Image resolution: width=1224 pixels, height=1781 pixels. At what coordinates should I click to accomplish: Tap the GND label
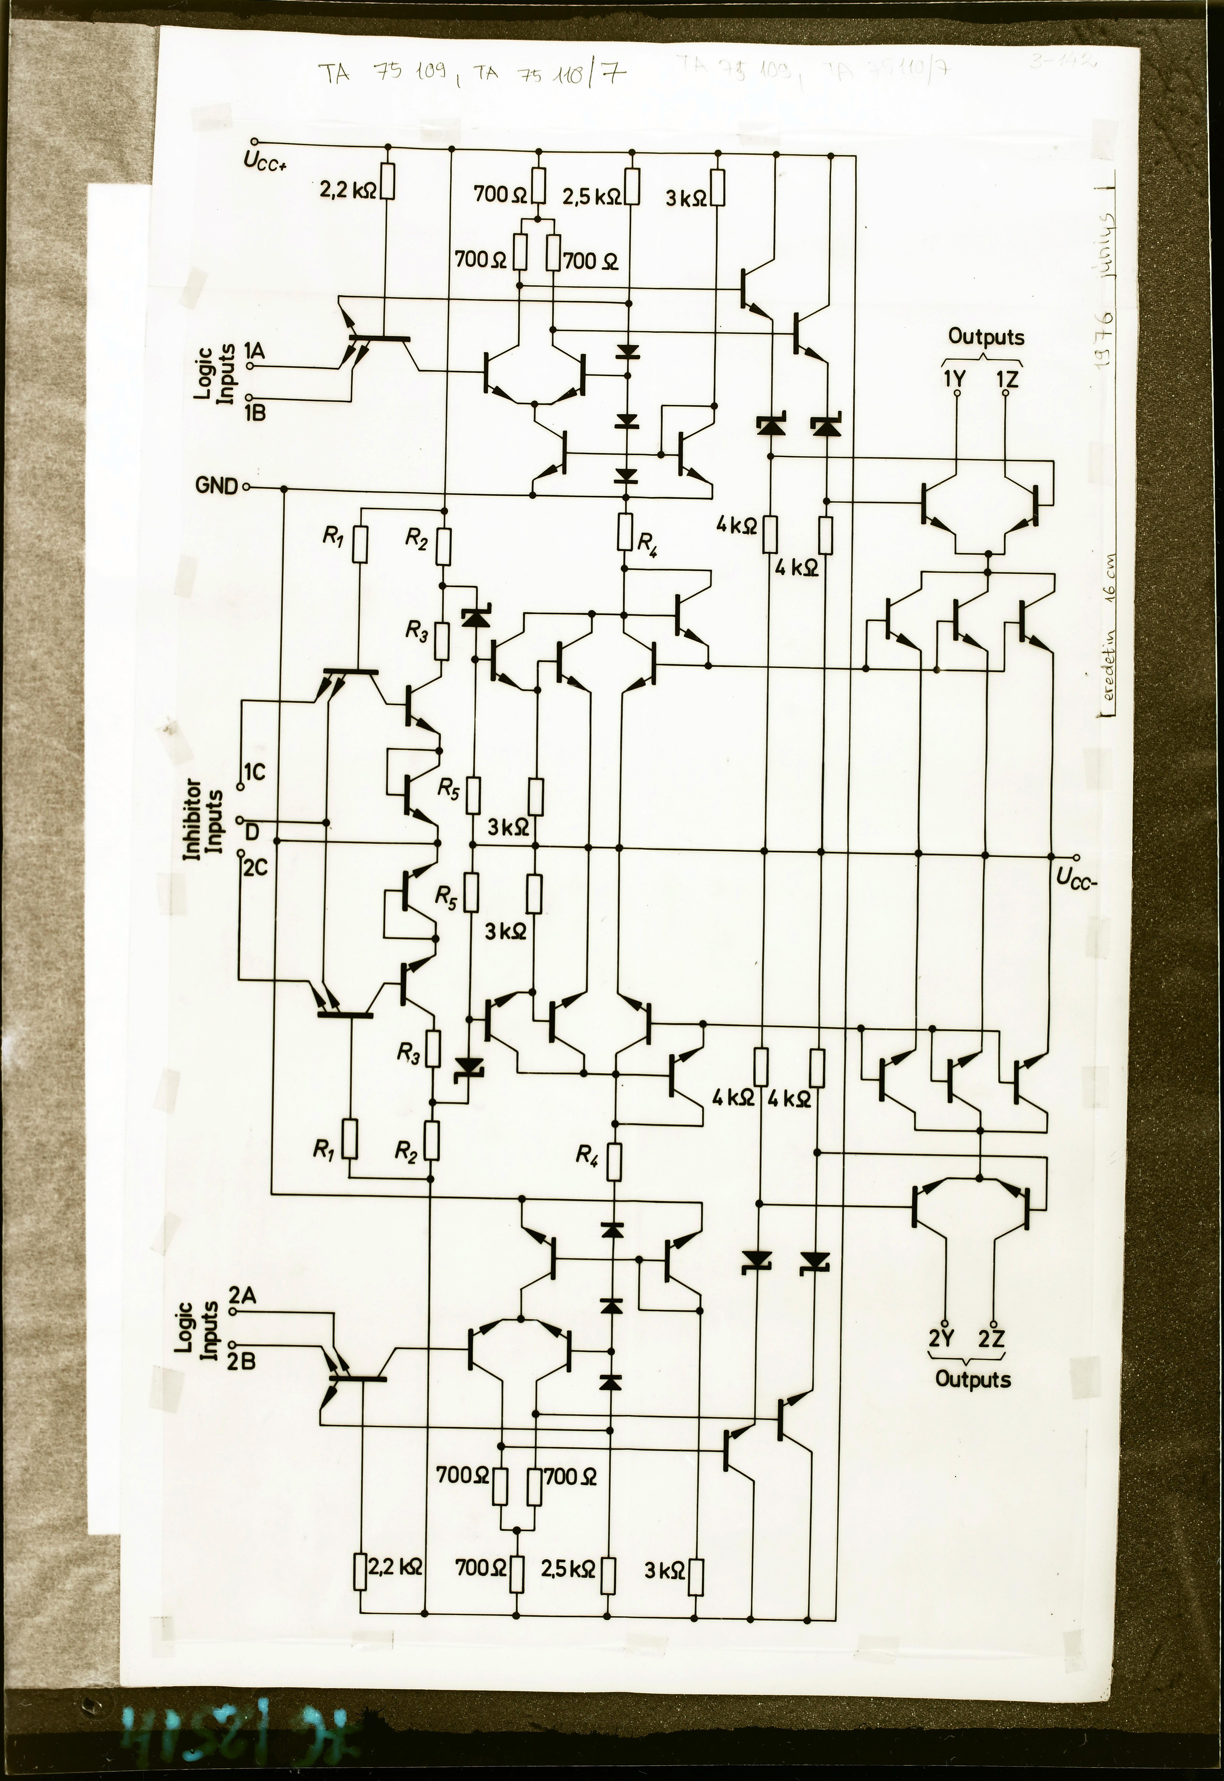click(217, 486)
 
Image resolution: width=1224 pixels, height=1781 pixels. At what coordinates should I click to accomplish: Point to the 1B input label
click(255, 412)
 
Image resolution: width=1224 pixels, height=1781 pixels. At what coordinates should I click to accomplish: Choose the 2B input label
click(243, 1361)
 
